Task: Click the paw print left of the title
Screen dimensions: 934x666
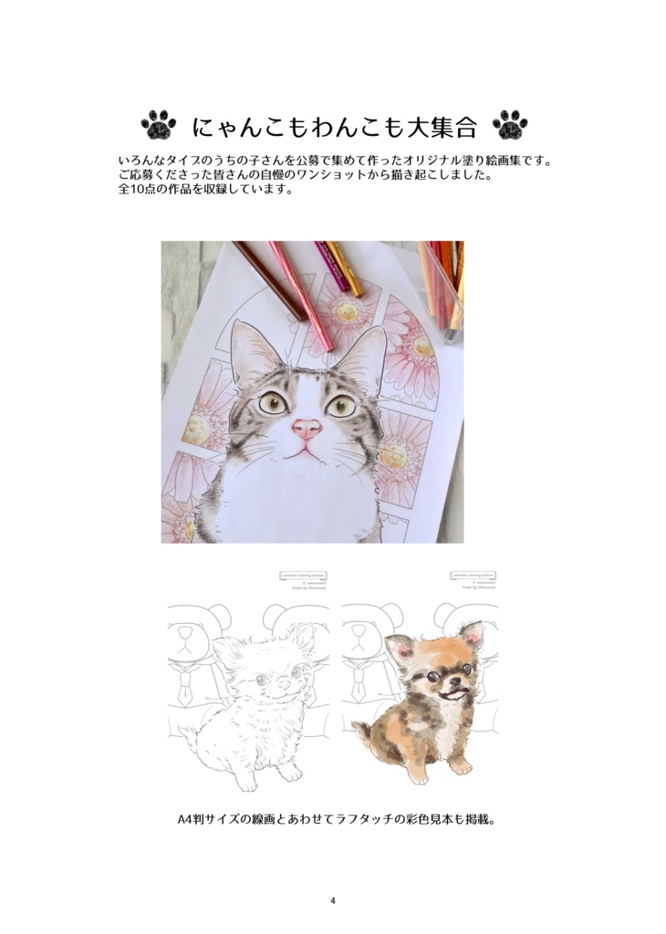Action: (x=159, y=125)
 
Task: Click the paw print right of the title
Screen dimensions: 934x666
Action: (x=509, y=125)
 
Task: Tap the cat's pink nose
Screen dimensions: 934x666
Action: (x=307, y=428)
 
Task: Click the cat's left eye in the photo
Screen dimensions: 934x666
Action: (x=272, y=400)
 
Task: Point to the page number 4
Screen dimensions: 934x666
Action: (x=333, y=901)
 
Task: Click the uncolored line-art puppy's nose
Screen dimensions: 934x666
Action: (x=281, y=685)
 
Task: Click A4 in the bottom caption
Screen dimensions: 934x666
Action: (x=186, y=819)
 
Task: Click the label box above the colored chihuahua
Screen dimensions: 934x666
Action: (x=473, y=576)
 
